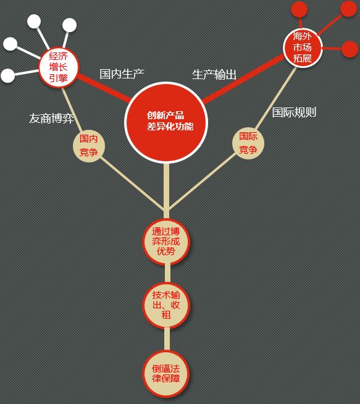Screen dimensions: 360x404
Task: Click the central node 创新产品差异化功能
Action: (x=166, y=122)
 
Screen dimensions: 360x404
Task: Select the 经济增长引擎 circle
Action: (x=58, y=67)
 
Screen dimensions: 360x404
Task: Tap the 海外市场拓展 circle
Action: (x=303, y=48)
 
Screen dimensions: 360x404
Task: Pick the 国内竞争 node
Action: (x=89, y=146)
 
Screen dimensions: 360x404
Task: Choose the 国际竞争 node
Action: (x=248, y=143)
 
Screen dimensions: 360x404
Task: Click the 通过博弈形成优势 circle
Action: (x=166, y=242)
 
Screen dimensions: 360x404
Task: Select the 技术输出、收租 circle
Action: (x=166, y=305)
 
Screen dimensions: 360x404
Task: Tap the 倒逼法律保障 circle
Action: (x=166, y=374)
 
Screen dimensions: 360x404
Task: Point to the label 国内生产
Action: (x=122, y=74)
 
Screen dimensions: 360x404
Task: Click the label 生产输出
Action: (x=214, y=75)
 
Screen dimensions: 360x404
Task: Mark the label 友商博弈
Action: (x=51, y=119)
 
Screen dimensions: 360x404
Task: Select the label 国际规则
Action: (x=294, y=112)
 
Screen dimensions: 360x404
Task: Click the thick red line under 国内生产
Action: (x=104, y=87)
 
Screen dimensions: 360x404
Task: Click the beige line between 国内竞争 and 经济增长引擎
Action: (x=72, y=109)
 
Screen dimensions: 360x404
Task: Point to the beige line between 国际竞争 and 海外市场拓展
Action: (x=275, y=98)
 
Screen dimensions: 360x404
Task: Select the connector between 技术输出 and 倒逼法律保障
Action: (x=167, y=339)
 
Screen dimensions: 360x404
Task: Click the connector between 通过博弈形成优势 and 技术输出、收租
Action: (x=167, y=273)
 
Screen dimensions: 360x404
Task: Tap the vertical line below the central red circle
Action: (x=166, y=191)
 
